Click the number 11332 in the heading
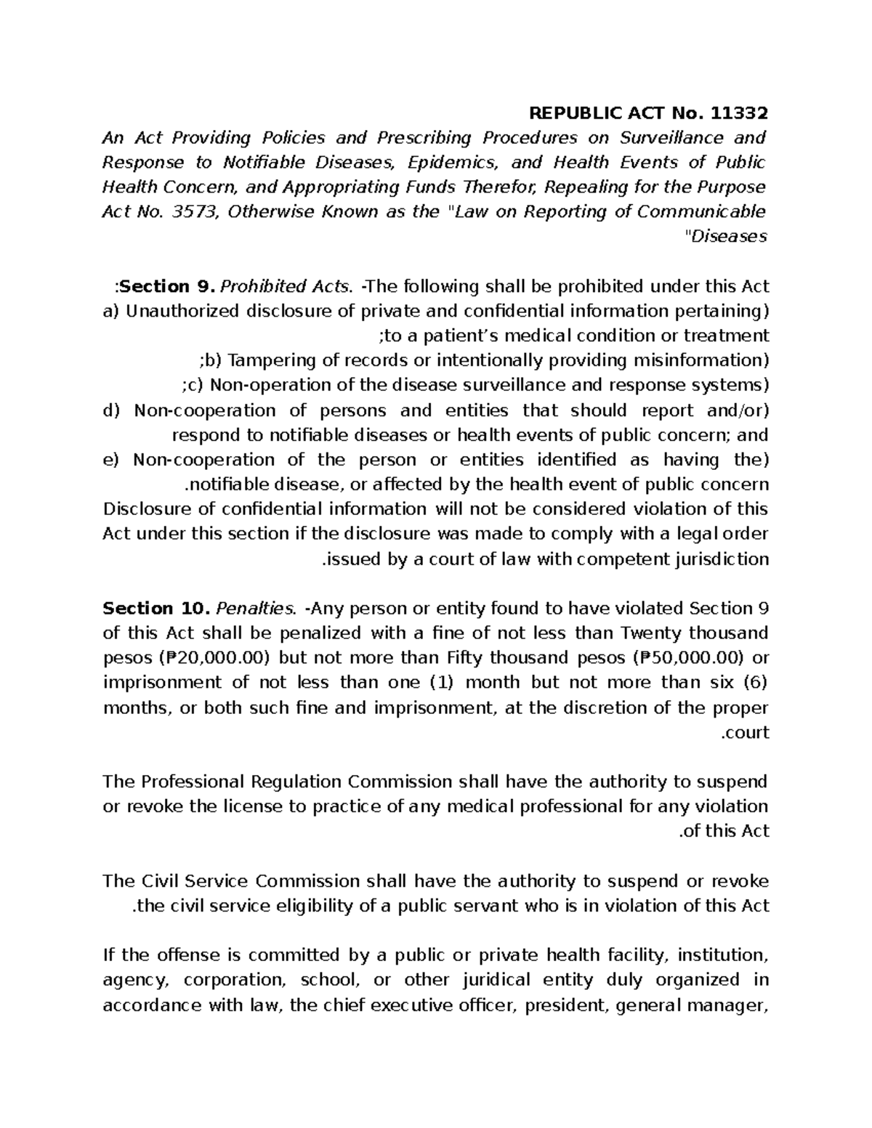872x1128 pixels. click(x=738, y=113)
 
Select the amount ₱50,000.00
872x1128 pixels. click(x=687, y=658)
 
